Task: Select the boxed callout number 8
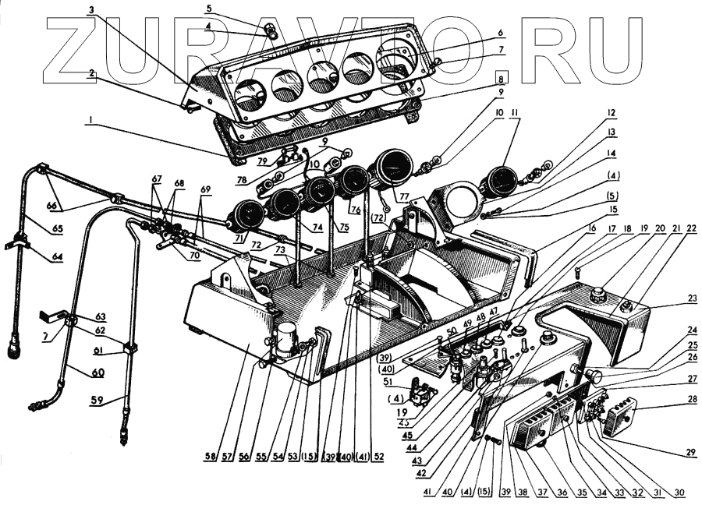pyautogui.click(x=502, y=78)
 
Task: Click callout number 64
pyautogui.click(x=57, y=257)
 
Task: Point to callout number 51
pyautogui.click(x=388, y=381)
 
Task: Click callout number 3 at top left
pyautogui.click(x=91, y=10)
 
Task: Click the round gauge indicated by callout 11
pyautogui.click(x=499, y=182)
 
